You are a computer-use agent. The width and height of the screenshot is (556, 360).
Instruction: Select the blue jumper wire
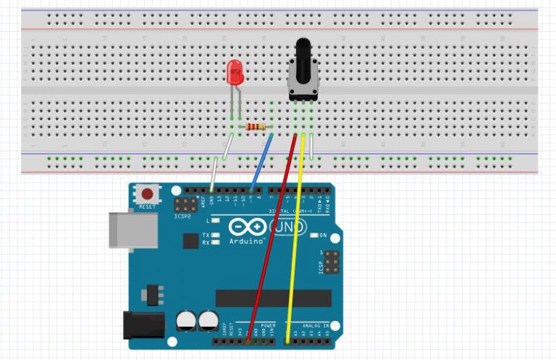[x=261, y=161]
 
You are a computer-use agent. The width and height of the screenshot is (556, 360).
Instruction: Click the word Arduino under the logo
[x=246, y=240]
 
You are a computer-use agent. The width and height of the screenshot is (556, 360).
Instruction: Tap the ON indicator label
[x=324, y=235]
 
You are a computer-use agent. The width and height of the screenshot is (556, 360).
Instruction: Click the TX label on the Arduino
[x=206, y=235]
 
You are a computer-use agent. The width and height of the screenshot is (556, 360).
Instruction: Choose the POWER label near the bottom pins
[x=267, y=326]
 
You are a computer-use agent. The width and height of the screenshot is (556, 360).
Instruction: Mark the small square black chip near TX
[x=190, y=240]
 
